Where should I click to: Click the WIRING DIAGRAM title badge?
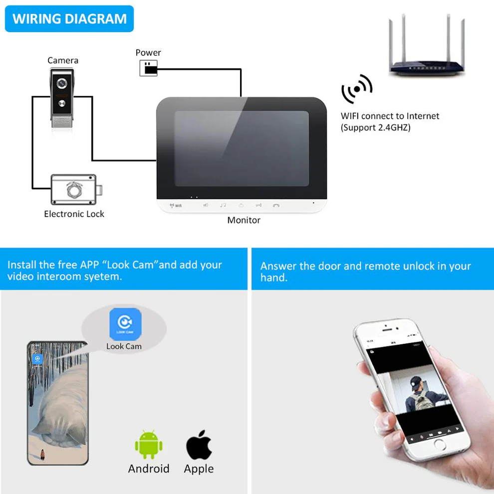click(x=69, y=19)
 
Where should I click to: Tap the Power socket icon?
click(x=148, y=68)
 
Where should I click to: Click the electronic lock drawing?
click(x=75, y=190)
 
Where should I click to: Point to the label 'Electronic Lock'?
click(x=74, y=214)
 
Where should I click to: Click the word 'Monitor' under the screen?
click(x=244, y=220)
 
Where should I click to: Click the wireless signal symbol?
click(x=356, y=89)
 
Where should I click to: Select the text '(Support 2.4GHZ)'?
click(x=375, y=128)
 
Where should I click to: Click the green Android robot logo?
click(x=149, y=444)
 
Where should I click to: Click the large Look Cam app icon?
click(x=125, y=324)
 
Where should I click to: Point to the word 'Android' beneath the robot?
click(x=149, y=469)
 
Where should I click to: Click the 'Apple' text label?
click(x=199, y=469)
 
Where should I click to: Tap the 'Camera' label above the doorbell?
click(x=63, y=60)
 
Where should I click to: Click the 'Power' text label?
click(x=148, y=52)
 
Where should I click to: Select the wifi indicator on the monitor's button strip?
click(x=176, y=206)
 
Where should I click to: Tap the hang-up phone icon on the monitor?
click(x=276, y=205)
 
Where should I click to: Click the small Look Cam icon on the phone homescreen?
click(x=37, y=359)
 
